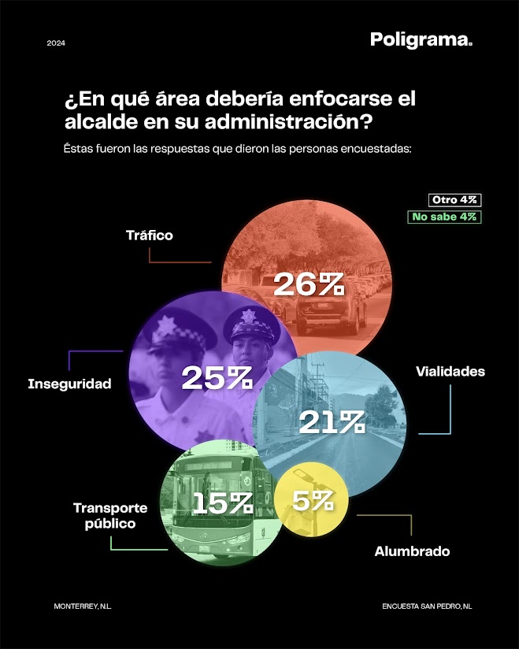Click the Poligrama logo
pos(421,40)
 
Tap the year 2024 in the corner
pos(56,43)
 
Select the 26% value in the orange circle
pos(309,285)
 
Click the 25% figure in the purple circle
pos(217,378)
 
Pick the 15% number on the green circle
pos(222,502)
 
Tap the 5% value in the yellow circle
pos(309,500)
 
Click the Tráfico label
pos(149,235)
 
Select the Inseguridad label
pos(69,384)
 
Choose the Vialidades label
pos(450,371)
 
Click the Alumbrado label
pos(412,551)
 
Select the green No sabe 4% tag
pos(444,217)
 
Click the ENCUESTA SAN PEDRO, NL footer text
pos(426,606)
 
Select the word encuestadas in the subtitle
pos(374,148)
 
